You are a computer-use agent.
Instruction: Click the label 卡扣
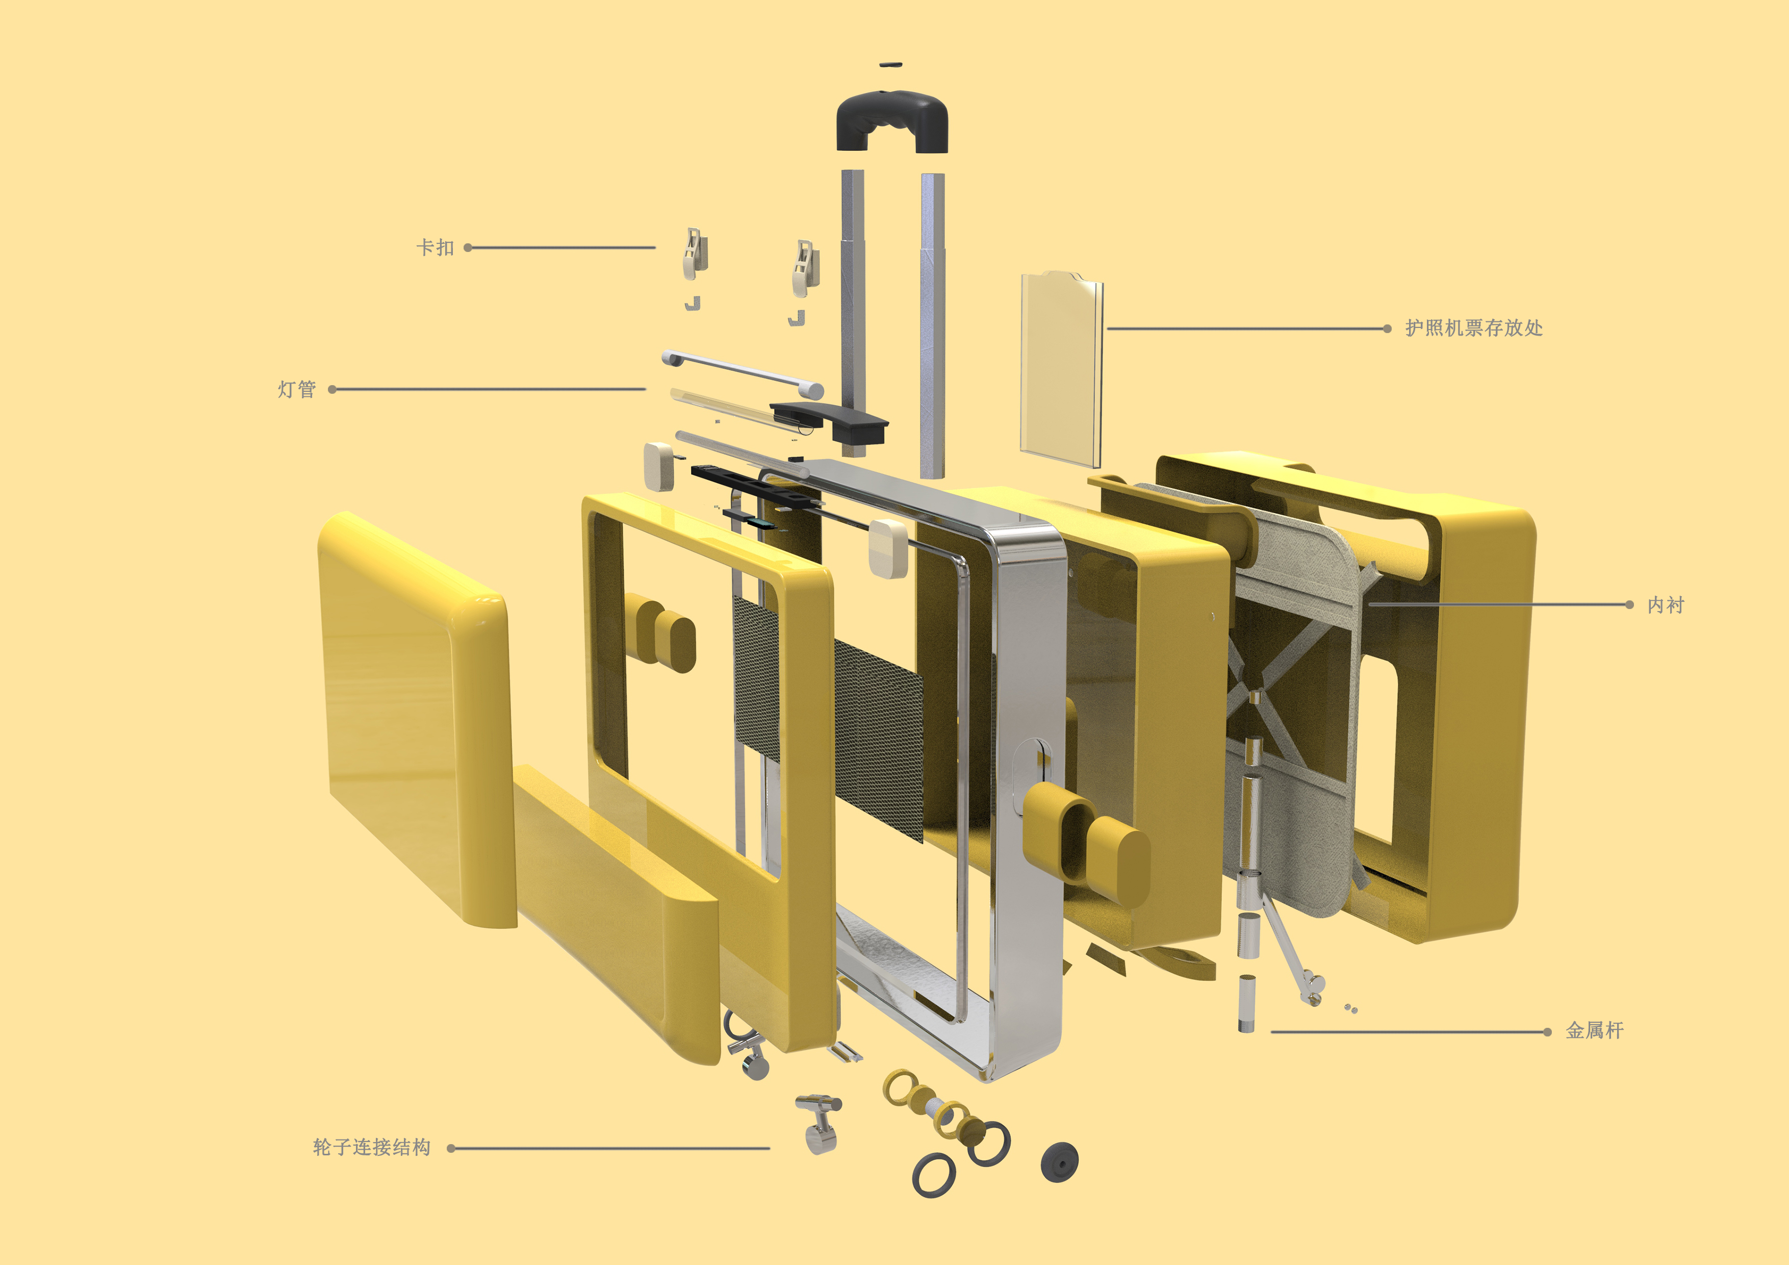click(x=435, y=248)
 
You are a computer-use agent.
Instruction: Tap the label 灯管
click(x=297, y=389)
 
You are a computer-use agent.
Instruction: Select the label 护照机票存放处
click(x=1473, y=328)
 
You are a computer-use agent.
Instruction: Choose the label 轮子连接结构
click(x=372, y=1147)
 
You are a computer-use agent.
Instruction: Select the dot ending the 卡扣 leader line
click(x=468, y=248)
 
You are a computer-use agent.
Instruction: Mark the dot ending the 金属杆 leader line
click(x=1547, y=1032)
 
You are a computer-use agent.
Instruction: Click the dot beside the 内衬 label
click(x=1629, y=605)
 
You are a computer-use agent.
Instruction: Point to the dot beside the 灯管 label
click(x=333, y=389)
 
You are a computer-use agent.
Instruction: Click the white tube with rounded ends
click(x=743, y=372)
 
